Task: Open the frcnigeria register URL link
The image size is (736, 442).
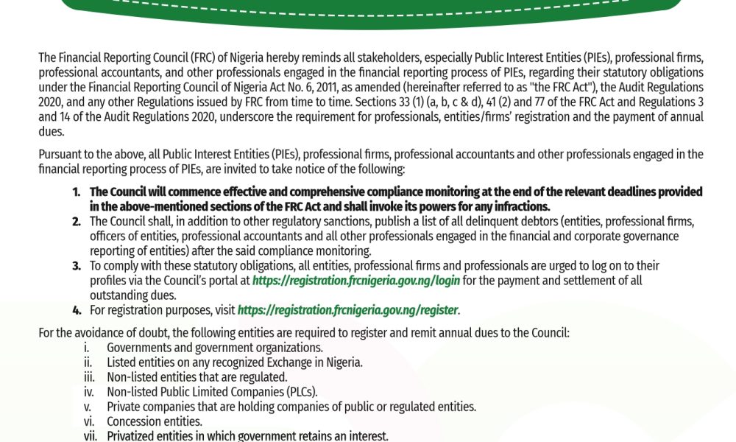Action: click(348, 310)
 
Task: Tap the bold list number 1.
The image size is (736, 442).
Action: click(77, 192)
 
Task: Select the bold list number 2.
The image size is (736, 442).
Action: click(77, 221)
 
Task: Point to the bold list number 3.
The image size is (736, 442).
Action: click(77, 265)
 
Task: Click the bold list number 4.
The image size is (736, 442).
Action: click(77, 310)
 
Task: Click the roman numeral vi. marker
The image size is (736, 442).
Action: click(88, 421)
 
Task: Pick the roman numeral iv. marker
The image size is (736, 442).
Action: click(88, 392)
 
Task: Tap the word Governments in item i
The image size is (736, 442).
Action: click(137, 348)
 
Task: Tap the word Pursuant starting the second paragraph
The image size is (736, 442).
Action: click(60, 155)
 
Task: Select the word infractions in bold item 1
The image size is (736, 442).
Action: click(520, 206)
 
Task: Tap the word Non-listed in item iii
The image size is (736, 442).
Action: click(132, 377)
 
